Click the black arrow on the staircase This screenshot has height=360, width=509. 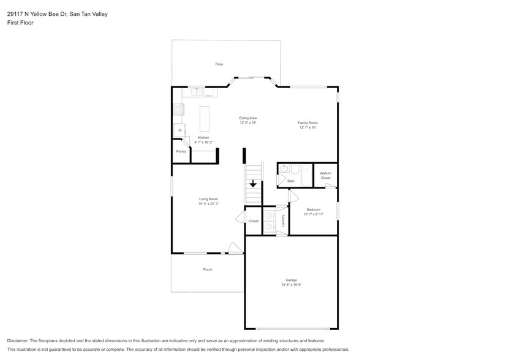pyautogui.click(x=252, y=184)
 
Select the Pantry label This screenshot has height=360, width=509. pyautogui.click(x=181, y=151)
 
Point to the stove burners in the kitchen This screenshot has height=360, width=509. pyautogui.click(x=178, y=110)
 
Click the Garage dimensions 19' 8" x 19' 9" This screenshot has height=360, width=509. pyautogui.click(x=290, y=285)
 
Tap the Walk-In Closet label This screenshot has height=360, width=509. pyautogui.click(x=325, y=175)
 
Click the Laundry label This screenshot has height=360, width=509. pyautogui.click(x=283, y=220)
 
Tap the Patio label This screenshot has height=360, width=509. pyautogui.click(x=219, y=64)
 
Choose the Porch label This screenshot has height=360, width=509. pyautogui.click(x=208, y=269)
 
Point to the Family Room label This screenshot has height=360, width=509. pyautogui.click(x=307, y=122)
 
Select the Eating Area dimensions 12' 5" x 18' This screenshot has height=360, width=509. pyautogui.click(x=247, y=122)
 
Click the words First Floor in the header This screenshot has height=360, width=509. pyautogui.click(x=20, y=23)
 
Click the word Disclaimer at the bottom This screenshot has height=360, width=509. pyautogui.click(x=19, y=340)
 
